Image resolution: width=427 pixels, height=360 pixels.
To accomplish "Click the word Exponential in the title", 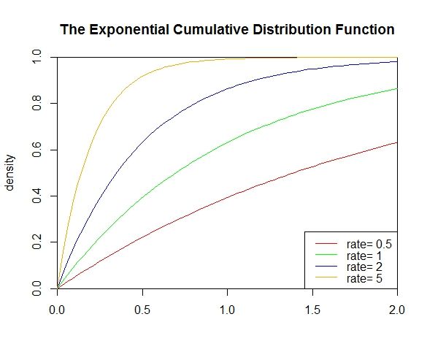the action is click(128, 30).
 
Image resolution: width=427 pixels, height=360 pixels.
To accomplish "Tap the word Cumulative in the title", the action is click(211, 29).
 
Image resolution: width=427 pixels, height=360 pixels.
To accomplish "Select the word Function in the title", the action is click(365, 29).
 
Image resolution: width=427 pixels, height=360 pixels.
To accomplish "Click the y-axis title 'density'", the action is click(9, 173).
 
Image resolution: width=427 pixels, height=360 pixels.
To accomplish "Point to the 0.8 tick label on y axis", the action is click(36, 103).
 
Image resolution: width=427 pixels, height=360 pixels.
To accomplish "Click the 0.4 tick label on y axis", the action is click(36, 196).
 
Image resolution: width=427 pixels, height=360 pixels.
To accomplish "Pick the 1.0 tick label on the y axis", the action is click(36, 57).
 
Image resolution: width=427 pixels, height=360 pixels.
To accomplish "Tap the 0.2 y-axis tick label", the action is click(36, 242).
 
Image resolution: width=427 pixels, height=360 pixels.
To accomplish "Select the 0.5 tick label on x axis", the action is click(142, 310).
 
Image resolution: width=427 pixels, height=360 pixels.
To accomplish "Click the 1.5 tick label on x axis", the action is click(312, 310).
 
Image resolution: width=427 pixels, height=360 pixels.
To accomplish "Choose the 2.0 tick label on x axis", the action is click(397, 310).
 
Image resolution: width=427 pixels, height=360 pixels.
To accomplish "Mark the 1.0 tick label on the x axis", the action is click(227, 310).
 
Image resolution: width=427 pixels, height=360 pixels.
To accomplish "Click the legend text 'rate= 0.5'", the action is click(369, 244).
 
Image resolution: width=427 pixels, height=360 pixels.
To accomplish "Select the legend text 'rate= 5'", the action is click(364, 278).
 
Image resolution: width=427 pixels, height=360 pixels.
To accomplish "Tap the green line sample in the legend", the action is click(326, 255).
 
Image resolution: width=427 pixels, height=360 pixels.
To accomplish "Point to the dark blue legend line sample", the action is click(326, 266).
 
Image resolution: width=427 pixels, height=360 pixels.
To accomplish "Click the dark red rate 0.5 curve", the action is click(228, 198).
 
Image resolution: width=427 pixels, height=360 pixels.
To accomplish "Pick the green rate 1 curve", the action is click(228, 142).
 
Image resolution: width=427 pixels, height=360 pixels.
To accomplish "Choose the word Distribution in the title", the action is click(292, 29).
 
